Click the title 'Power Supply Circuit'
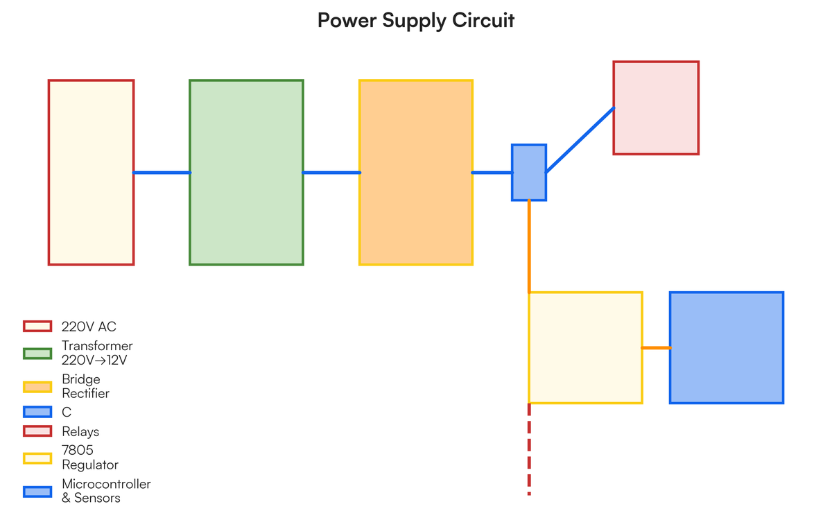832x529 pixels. [x=416, y=20]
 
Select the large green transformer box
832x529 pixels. [x=246, y=173]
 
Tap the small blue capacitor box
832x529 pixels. [x=529, y=173]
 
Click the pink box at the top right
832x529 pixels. [x=656, y=108]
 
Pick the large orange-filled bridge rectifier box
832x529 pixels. [x=416, y=173]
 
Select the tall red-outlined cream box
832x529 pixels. [x=91, y=173]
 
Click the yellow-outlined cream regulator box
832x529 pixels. [x=585, y=348]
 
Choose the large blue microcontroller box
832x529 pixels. [x=727, y=348]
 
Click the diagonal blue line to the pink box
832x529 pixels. [x=580, y=140]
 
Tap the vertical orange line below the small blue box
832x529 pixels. [x=529, y=246]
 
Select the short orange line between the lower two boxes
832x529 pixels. [x=656, y=347]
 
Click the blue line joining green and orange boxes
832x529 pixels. [x=331, y=173]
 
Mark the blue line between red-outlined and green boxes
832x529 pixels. [x=162, y=173]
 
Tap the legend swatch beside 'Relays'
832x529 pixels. [x=37, y=431]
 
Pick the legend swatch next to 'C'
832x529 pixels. [x=37, y=412]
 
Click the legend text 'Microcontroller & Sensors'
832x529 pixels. [x=105, y=491]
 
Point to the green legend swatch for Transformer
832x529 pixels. [x=37, y=354]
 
